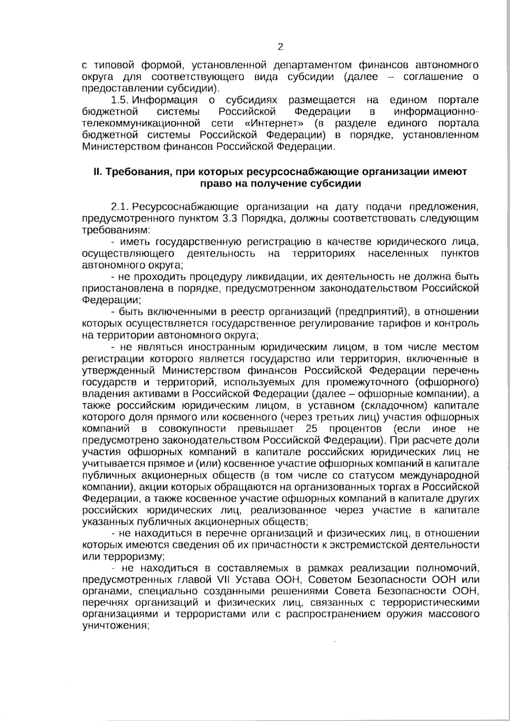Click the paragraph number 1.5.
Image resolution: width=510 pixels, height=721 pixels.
[119, 100]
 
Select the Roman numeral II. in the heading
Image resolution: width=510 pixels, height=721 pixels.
[98, 172]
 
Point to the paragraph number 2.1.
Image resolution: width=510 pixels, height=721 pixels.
[119, 207]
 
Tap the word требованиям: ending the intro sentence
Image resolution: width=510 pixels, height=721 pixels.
[116, 230]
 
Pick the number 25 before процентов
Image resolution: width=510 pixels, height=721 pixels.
[312, 428]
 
